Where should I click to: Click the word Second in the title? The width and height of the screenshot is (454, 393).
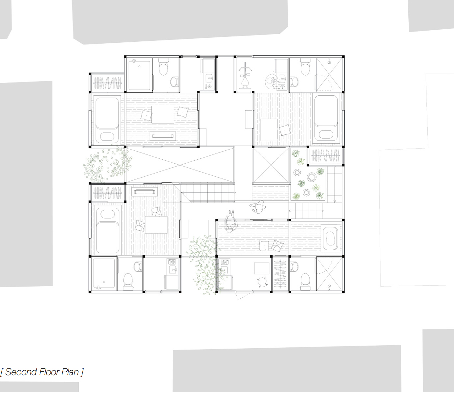(x=21, y=372)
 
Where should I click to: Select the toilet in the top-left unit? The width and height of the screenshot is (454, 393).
(x=163, y=67)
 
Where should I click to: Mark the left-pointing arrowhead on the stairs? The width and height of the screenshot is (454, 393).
(x=290, y=211)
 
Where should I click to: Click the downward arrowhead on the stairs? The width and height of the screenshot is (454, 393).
(x=335, y=201)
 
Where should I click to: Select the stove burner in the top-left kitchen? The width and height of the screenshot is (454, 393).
(x=209, y=86)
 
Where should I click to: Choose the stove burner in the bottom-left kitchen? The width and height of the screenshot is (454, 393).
(x=172, y=262)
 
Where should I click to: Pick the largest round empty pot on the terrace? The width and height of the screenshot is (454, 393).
(x=312, y=176)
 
